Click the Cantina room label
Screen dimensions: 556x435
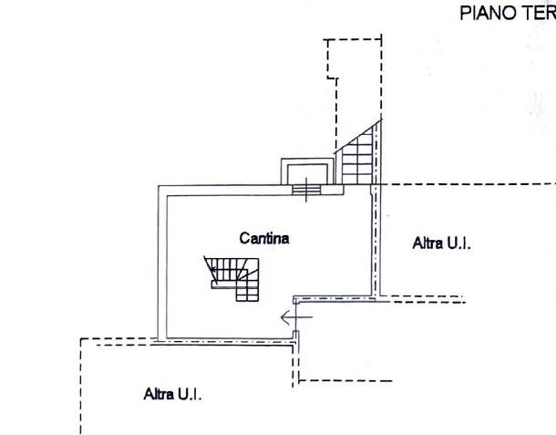(264, 238)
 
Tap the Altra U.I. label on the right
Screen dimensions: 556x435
(442, 243)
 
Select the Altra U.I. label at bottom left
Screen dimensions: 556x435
(172, 394)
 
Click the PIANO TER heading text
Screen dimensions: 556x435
(508, 14)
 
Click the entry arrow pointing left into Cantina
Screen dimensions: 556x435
(296, 317)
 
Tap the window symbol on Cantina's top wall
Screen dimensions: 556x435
(306, 190)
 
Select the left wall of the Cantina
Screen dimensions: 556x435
(162, 263)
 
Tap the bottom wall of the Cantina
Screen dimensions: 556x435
(227, 341)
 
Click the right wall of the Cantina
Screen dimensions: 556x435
(376, 242)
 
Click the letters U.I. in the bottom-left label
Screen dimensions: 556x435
(190, 394)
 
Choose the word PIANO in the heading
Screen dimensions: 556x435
(488, 14)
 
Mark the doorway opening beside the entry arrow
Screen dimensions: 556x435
(296, 317)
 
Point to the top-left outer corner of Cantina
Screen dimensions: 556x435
(159, 185)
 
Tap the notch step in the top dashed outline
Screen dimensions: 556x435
(333, 78)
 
